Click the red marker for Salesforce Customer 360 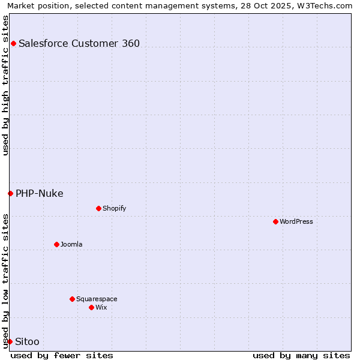tap(13, 43)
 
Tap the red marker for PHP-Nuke tap(10, 193)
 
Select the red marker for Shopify tap(98, 208)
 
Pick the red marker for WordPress tap(275, 221)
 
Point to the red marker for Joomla tap(56, 244)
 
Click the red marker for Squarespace tap(72, 299)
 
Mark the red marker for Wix tap(91, 307)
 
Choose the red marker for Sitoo tap(10, 341)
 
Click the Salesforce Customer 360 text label tap(79, 43)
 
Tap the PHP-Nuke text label tap(40, 193)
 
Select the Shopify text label tap(114, 208)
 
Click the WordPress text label tap(296, 221)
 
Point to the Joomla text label tap(71, 244)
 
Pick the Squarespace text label tap(97, 299)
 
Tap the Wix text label tap(101, 307)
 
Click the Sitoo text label tap(28, 341)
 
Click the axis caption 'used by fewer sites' tap(62, 355)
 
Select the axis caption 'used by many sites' tap(301, 355)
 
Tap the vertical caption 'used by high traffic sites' tap(5, 85)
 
